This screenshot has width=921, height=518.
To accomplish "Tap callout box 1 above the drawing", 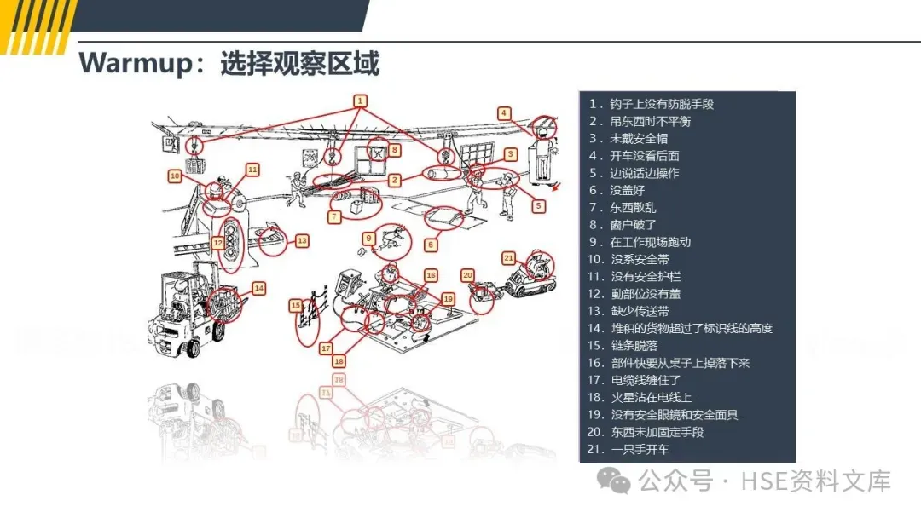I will pyautogui.click(x=361, y=101).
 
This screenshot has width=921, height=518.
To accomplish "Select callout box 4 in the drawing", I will pyautogui.click(x=505, y=113).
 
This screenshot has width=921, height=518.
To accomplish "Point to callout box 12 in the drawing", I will pyautogui.click(x=218, y=243).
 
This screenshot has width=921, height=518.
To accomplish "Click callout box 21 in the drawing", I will pyautogui.click(x=509, y=257).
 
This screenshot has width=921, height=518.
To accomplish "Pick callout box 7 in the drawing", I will pyautogui.click(x=335, y=217).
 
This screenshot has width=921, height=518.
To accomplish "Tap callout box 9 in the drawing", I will pyautogui.click(x=369, y=238).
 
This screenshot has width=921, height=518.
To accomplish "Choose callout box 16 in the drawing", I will pyautogui.click(x=432, y=275).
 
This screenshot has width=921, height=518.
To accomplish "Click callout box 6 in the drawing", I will pyautogui.click(x=431, y=245).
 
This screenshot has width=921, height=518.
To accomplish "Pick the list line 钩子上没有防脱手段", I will pyautogui.click(x=661, y=104).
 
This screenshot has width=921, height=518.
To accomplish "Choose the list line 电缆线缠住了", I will pyautogui.click(x=645, y=380).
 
